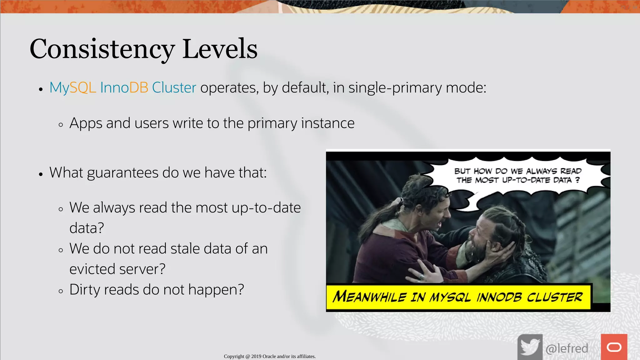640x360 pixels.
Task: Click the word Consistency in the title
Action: [102, 49]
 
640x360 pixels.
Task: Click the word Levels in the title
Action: [220, 49]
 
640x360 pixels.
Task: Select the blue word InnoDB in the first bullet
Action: [124, 87]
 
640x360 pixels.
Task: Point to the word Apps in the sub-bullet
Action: [86, 123]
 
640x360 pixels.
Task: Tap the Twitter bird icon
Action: [530, 347]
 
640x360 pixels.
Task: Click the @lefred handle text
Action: [567, 348]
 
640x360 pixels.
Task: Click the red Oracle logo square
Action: [614, 347]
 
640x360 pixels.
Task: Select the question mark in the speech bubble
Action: [577, 180]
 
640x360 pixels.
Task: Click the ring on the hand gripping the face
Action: [422, 277]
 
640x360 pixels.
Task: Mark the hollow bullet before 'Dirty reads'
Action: [61, 291]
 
